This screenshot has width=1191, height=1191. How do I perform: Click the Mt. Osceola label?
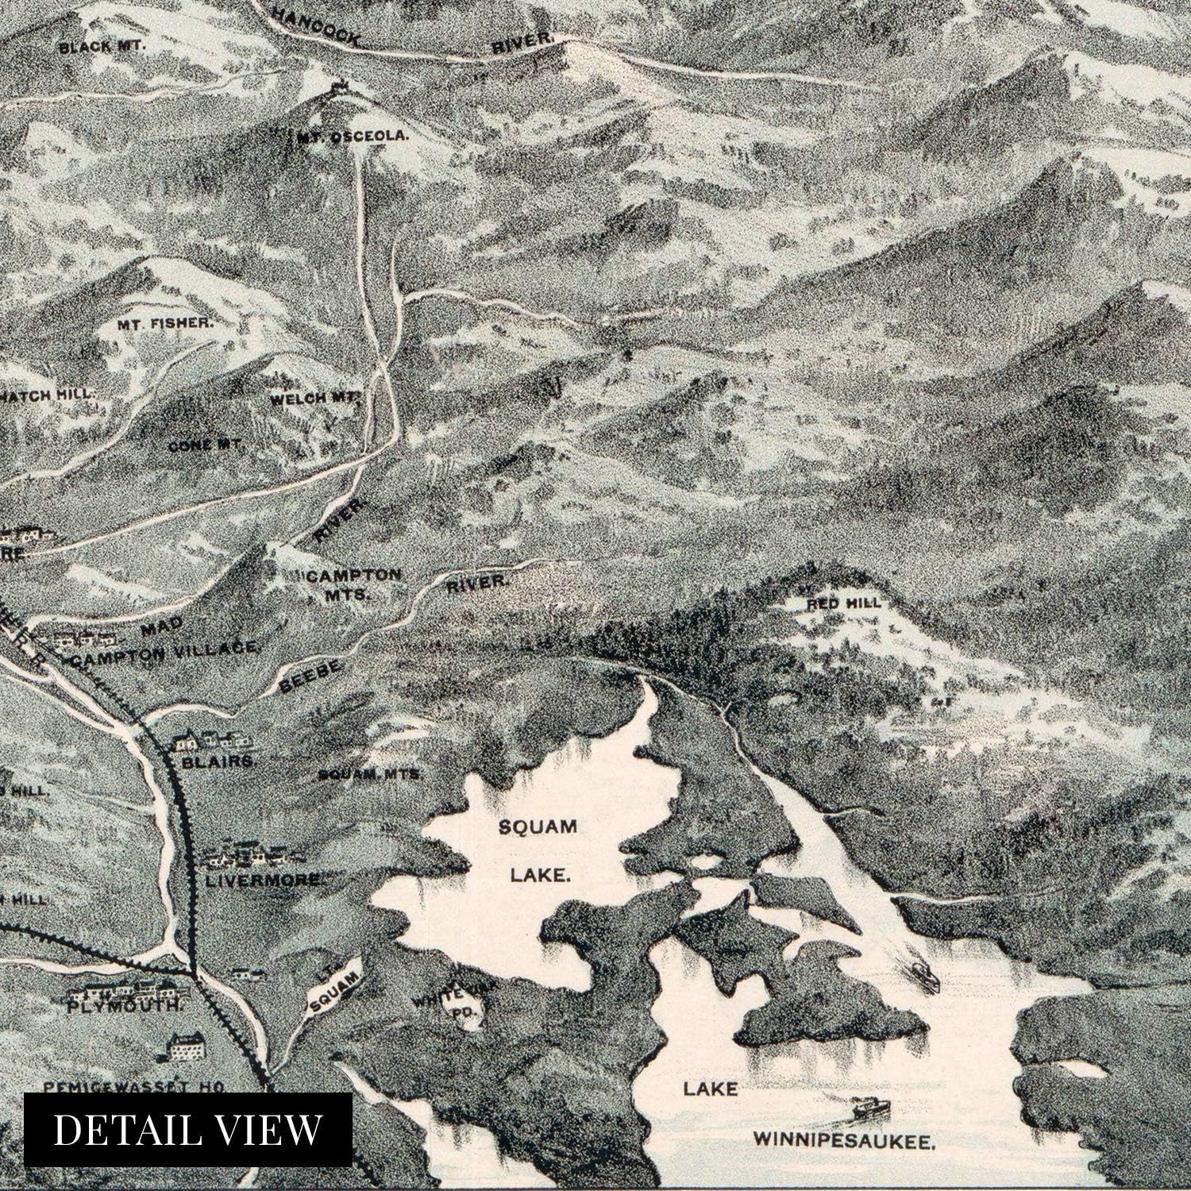[x=354, y=136]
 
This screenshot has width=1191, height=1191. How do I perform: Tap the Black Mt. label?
[x=103, y=47]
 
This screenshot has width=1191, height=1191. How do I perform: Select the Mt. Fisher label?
[x=166, y=323]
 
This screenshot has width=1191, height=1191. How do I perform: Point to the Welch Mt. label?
[x=316, y=399]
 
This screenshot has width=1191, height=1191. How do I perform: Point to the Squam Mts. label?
[x=369, y=773]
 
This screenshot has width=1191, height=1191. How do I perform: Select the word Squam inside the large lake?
[x=538, y=827]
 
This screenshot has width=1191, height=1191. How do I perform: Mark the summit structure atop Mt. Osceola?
[x=340, y=86]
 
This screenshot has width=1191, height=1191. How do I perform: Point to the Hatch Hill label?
[x=48, y=394]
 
